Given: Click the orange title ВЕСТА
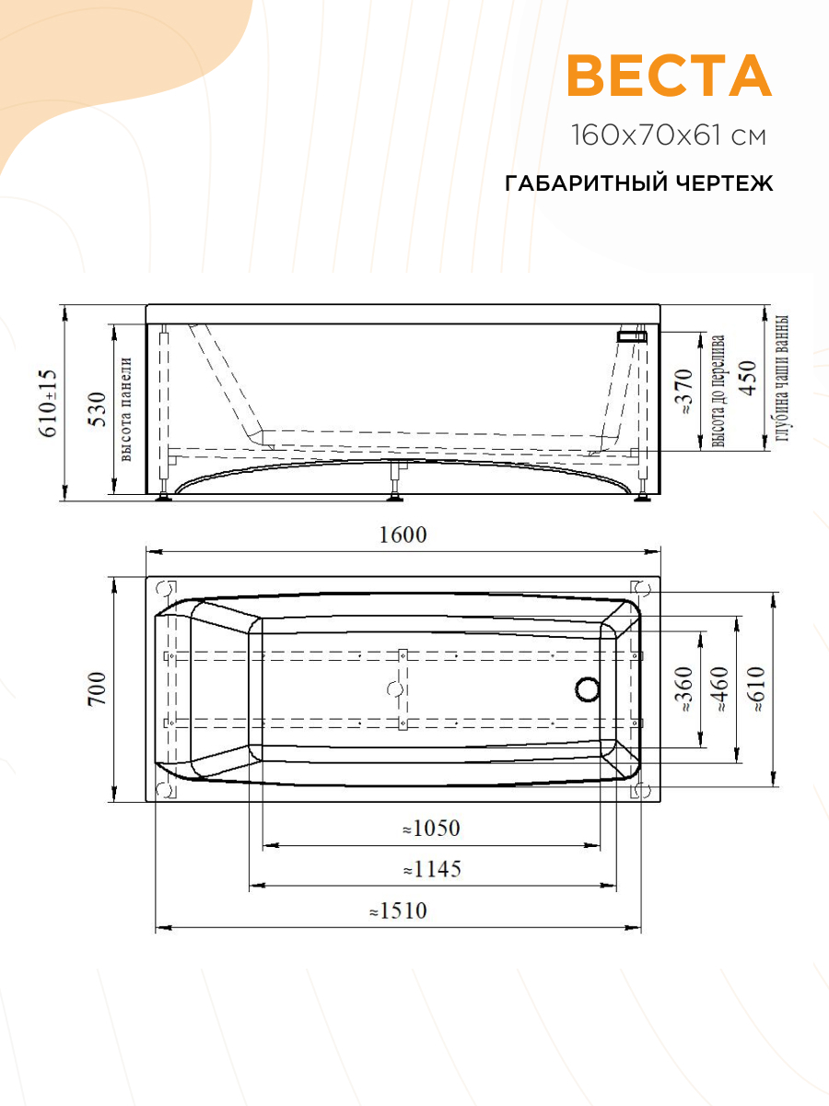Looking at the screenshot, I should pyautogui.click(x=669, y=76).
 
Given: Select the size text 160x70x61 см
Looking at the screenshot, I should pyautogui.click(x=669, y=136).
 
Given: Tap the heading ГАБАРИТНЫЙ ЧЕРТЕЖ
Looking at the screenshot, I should pyautogui.click(x=639, y=183).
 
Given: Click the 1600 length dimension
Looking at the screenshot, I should pyautogui.click(x=403, y=535).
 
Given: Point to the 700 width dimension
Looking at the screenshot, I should pyautogui.click(x=98, y=689).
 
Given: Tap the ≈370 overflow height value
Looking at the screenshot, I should pyautogui.click(x=683, y=392).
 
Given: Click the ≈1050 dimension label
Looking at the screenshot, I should pyautogui.click(x=430, y=829).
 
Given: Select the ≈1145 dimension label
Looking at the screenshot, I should pyautogui.click(x=431, y=869).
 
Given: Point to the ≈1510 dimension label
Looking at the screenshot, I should pyautogui.click(x=398, y=911).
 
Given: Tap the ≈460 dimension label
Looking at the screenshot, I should pyautogui.click(x=719, y=690).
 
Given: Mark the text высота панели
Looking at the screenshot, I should pyautogui.click(x=126, y=409).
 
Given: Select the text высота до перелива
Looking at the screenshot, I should pyautogui.click(x=718, y=392).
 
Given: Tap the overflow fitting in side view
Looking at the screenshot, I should pyautogui.click(x=632, y=335).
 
